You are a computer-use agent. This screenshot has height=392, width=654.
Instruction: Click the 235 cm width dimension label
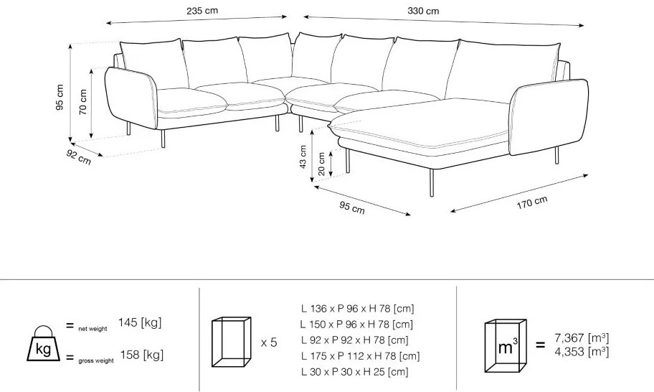(x=202, y=11)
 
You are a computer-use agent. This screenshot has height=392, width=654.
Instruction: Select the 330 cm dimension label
(x=423, y=11)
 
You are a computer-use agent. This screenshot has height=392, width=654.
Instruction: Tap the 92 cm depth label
(x=78, y=157)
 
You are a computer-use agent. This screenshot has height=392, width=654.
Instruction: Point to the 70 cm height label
(x=82, y=102)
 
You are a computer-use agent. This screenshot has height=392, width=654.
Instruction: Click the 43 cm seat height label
(x=303, y=157)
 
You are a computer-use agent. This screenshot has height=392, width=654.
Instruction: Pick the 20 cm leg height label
(x=321, y=164)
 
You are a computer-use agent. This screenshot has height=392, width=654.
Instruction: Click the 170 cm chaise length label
(x=532, y=202)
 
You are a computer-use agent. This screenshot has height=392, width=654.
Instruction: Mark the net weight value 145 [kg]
(x=140, y=322)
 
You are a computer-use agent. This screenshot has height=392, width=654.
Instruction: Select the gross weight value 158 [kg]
(x=142, y=355)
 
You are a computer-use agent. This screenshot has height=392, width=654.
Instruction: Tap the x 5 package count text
(x=269, y=342)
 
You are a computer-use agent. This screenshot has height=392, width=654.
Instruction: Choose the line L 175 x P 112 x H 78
(x=361, y=356)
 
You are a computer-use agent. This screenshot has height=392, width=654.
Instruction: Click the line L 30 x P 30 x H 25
(x=354, y=372)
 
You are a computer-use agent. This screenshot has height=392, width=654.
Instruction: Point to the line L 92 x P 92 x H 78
(x=354, y=340)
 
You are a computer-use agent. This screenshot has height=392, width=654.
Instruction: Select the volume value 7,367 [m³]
(x=582, y=337)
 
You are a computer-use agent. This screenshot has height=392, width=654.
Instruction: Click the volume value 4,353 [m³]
(x=582, y=352)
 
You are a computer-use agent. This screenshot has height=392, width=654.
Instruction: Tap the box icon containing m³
(x=505, y=345)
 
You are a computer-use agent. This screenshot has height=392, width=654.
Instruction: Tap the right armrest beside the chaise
(x=549, y=117)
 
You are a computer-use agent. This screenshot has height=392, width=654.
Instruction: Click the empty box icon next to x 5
(x=231, y=342)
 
